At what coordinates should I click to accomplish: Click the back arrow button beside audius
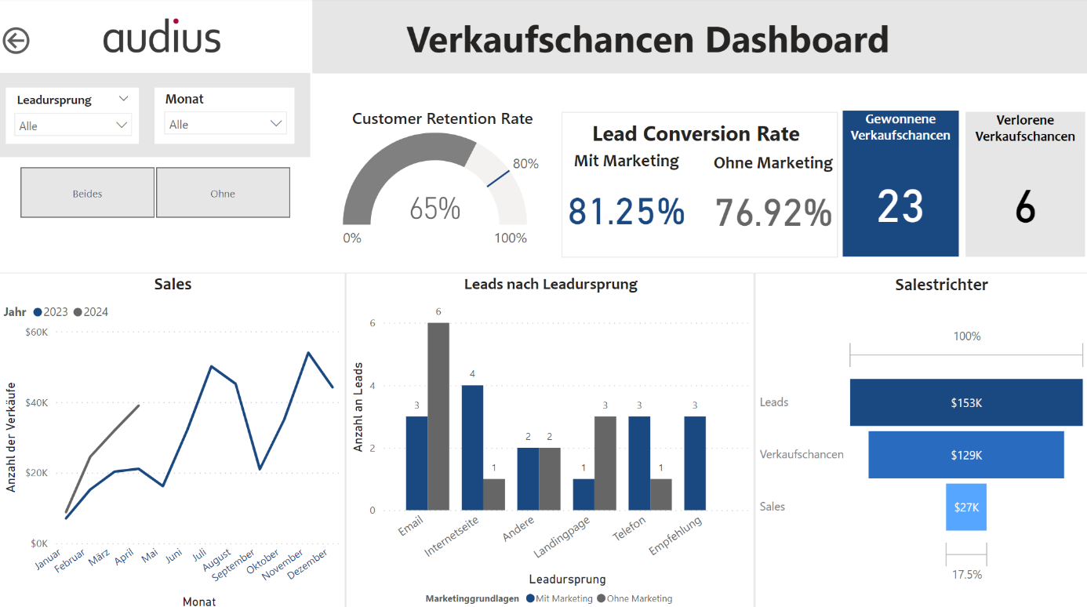click(16, 40)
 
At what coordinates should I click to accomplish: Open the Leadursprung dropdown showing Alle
click(73, 125)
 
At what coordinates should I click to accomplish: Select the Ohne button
click(223, 193)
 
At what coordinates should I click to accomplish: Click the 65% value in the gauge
click(434, 209)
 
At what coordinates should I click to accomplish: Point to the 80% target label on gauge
click(525, 164)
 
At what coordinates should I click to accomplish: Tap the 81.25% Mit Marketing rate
click(627, 212)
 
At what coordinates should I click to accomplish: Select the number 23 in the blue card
click(900, 208)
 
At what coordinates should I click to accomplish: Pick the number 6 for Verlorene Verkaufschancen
click(1025, 209)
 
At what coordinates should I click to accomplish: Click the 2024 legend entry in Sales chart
click(91, 312)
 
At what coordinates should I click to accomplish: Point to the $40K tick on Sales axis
click(35, 402)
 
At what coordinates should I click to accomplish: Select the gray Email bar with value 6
click(438, 416)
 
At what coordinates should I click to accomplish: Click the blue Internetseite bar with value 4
click(472, 447)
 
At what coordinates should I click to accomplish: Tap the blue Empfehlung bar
click(695, 463)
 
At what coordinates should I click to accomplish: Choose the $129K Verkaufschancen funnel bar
click(966, 455)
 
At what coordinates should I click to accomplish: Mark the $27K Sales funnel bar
click(966, 507)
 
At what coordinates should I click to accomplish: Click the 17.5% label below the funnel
click(966, 574)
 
